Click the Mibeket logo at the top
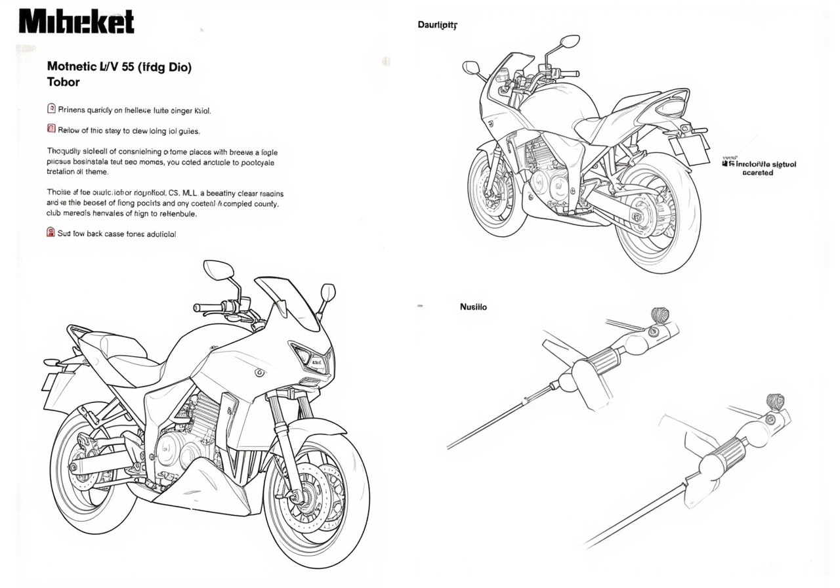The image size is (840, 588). (x=76, y=22)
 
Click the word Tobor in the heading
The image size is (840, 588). (x=64, y=83)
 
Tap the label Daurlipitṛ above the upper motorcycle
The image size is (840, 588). (x=437, y=25)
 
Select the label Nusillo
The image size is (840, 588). (x=473, y=306)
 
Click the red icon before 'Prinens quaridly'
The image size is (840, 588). (x=51, y=110)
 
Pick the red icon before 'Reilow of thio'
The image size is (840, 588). (x=51, y=129)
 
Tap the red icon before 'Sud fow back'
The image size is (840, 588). (x=51, y=232)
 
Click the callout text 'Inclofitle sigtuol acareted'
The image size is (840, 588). (x=761, y=169)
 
